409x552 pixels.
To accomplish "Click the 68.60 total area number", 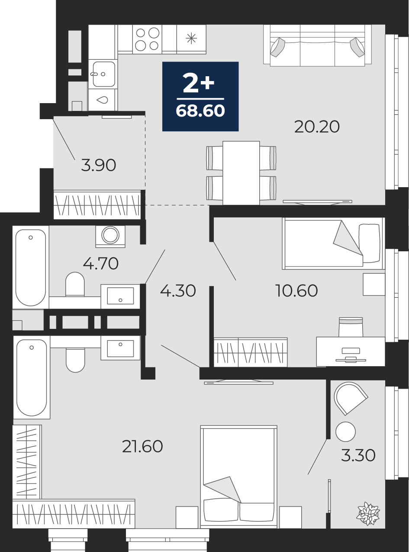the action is (200, 111).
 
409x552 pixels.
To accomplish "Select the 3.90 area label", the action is (98, 165).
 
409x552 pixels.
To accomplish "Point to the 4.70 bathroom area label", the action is (100, 264).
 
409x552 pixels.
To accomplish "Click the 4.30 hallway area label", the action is (178, 291).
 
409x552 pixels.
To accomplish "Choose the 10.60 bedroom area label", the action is (296, 290).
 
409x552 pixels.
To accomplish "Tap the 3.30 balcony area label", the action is (358, 456).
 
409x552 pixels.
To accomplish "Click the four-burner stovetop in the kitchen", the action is (147, 39).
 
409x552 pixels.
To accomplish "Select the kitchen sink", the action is (103, 74).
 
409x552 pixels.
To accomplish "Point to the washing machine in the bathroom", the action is (110, 236).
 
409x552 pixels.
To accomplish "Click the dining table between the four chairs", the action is (241, 173).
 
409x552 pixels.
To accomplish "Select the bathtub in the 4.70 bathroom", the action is (31, 267).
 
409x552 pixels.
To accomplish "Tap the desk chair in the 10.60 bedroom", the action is (351, 327).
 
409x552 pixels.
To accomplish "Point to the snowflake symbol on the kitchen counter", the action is (191, 39).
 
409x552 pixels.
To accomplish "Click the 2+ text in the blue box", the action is (198, 83).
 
